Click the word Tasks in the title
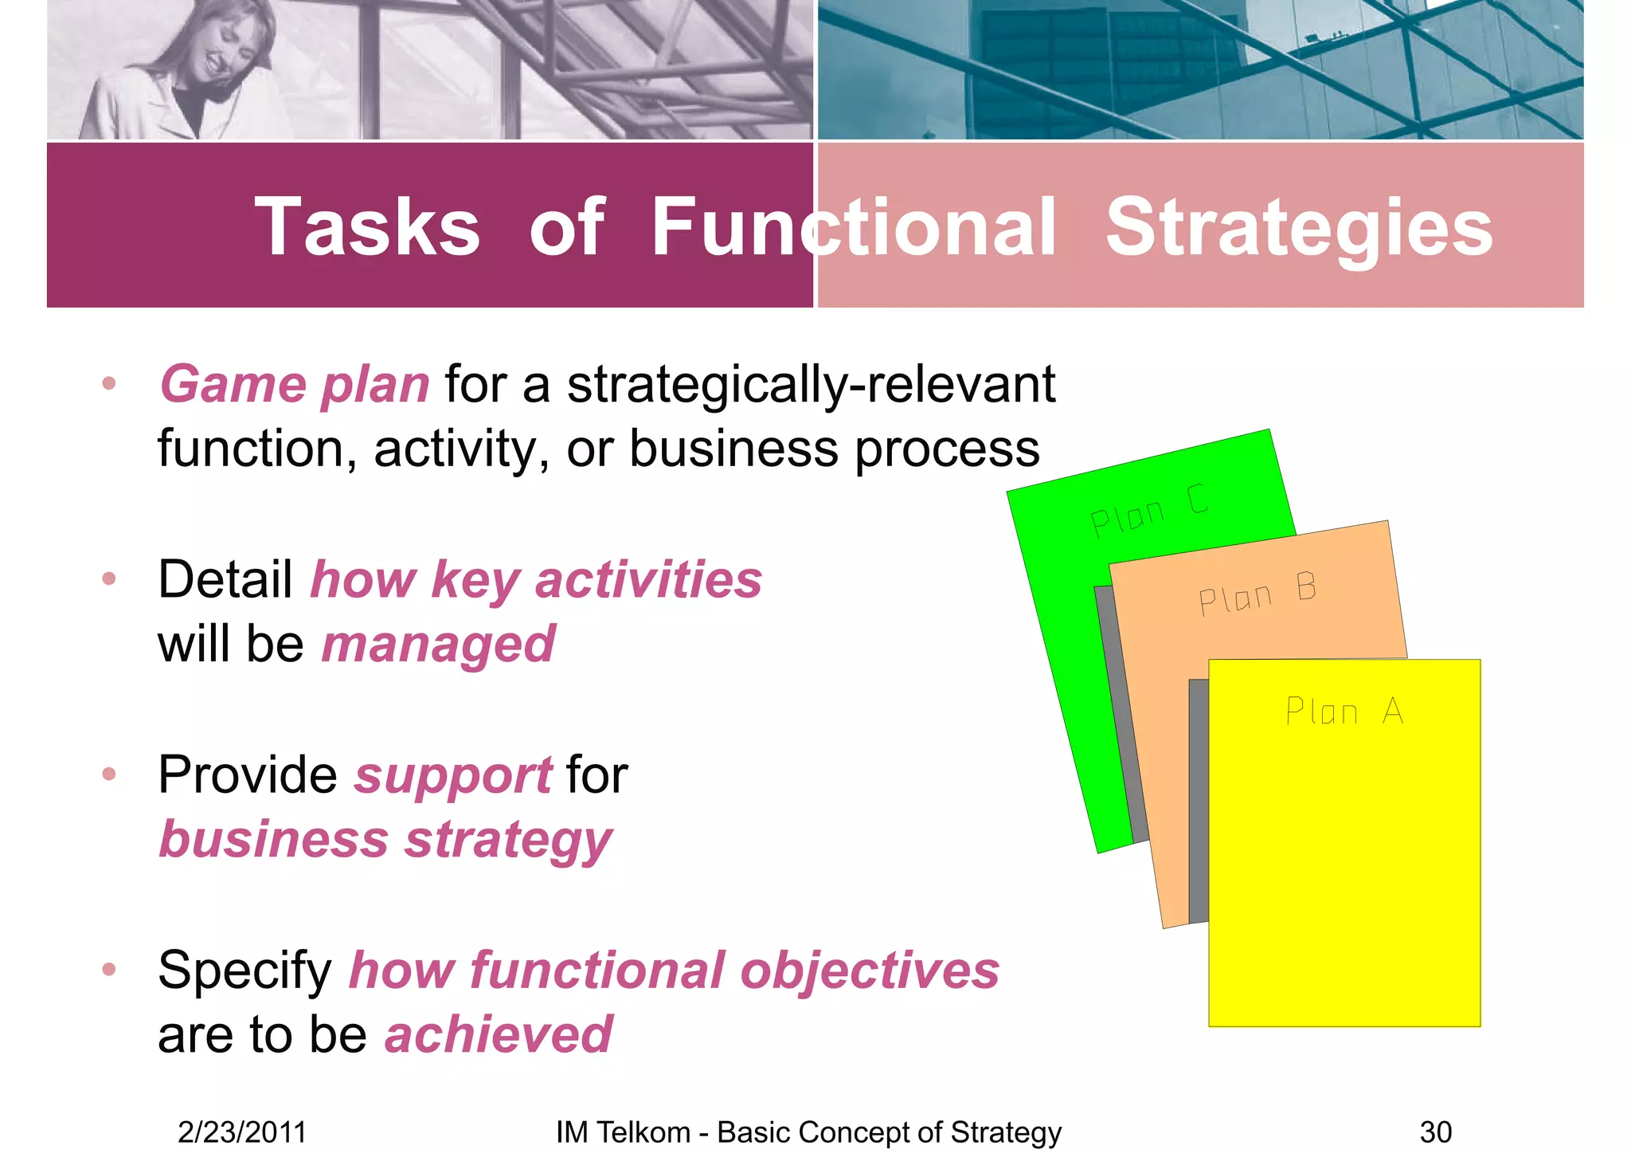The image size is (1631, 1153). coord(367,229)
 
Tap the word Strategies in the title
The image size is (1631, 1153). coord(1299,229)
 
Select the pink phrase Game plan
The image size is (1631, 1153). coord(295,385)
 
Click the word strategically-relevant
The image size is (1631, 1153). coord(810,385)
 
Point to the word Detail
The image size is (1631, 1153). coord(225,579)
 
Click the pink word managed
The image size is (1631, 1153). coord(438,645)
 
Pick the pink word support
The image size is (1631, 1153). coord(453,775)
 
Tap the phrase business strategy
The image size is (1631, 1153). coord(385,841)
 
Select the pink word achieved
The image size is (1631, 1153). coord(499,1036)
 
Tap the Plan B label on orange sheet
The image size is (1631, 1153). coord(1257,594)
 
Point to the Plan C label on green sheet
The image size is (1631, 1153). coord(1149,511)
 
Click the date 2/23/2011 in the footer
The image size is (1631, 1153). coord(242,1132)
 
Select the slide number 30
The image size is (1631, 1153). coord(1435,1132)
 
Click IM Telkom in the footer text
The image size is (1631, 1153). coord(623,1132)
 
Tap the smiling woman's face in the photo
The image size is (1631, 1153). coord(224,49)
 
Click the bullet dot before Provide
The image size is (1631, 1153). coord(109,774)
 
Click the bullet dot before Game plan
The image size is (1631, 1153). coord(109,384)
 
